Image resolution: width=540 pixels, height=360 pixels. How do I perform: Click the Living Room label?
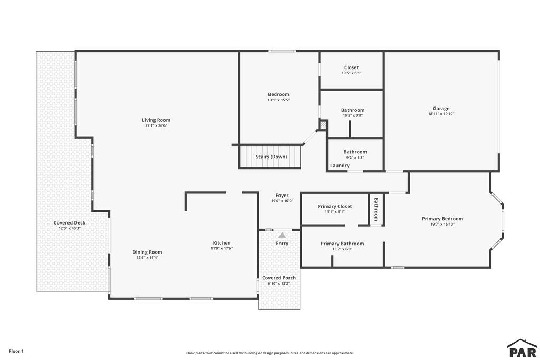click(x=156, y=120)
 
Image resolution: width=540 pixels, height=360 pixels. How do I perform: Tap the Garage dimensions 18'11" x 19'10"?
click(x=441, y=114)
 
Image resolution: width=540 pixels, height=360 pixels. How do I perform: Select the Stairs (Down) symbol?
click(x=270, y=157)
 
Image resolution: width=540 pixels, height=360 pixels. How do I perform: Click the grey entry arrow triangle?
click(x=282, y=236)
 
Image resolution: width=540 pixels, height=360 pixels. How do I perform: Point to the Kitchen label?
click(x=222, y=242)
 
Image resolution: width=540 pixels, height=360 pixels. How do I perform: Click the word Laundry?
click(x=340, y=166)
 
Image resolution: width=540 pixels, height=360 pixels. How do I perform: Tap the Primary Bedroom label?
click(x=442, y=219)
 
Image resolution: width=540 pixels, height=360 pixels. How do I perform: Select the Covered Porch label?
click(x=279, y=278)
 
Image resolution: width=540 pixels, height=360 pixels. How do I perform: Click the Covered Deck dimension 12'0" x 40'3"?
click(x=70, y=228)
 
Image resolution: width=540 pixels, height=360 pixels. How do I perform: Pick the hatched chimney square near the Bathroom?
click(x=323, y=125)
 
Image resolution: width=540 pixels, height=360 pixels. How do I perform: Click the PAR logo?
click(x=523, y=348)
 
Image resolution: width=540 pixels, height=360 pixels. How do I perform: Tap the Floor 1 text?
click(x=16, y=351)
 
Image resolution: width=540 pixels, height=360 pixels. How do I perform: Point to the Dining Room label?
click(x=147, y=252)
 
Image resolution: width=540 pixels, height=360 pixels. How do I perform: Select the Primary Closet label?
click(x=335, y=207)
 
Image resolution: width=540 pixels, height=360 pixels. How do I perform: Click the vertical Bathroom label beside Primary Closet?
click(x=376, y=209)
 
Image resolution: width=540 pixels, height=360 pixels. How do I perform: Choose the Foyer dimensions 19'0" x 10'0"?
click(x=282, y=201)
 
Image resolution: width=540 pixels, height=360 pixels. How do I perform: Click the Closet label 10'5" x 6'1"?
click(x=351, y=70)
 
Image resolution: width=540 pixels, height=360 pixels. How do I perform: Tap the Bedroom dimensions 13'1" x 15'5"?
click(x=278, y=100)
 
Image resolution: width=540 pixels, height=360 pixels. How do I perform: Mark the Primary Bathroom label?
click(x=342, y=244)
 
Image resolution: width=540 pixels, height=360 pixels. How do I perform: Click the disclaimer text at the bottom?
click(x=269, y=353)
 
